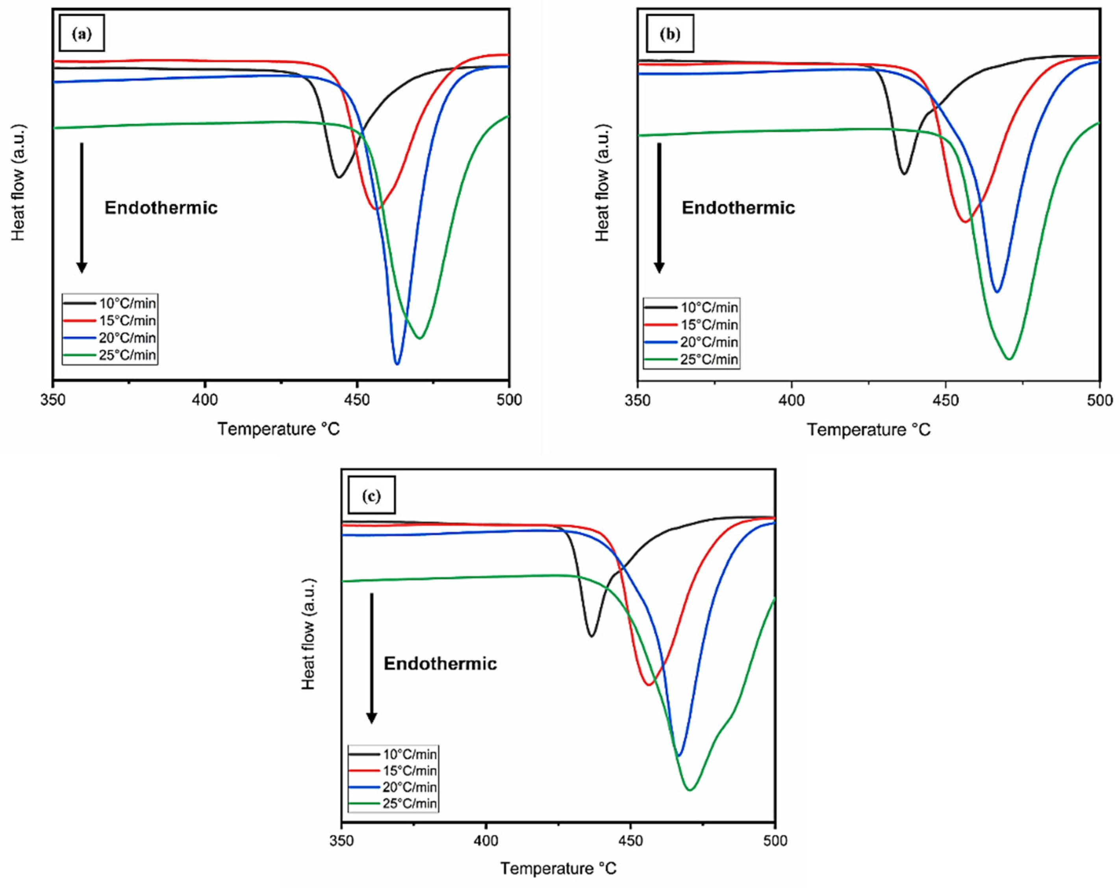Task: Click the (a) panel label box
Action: [82, 33]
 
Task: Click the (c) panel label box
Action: [371, 495]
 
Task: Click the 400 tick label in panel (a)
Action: [205, 400]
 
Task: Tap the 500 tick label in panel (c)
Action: [775, 840]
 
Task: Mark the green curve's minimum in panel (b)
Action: [1009, 358]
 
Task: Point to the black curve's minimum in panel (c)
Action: [591, 636]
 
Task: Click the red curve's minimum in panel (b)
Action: [965, 222]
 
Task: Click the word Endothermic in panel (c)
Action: [440, 664]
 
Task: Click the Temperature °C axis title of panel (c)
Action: [558, 868]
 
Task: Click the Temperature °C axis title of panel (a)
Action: [278, 429]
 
